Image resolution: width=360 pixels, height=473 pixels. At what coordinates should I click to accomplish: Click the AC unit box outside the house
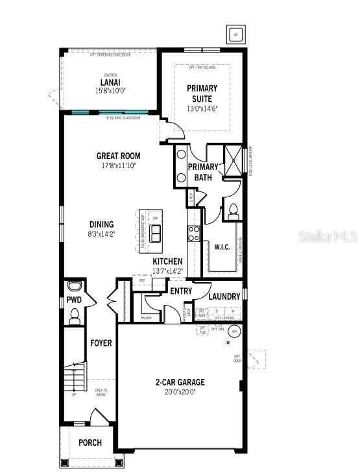(x=235, y=34)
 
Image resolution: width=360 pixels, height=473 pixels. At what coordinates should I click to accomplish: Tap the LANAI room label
(x=108, y=82)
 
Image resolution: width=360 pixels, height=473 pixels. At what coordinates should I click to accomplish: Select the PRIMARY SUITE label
(x=202, y=93)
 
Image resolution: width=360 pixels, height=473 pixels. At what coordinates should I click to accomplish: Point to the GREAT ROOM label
(x=118, y=156)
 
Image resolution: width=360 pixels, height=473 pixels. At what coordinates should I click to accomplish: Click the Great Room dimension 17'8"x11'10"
(x=118, y=165)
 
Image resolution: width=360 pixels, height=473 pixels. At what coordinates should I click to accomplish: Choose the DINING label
(x=101, y=224)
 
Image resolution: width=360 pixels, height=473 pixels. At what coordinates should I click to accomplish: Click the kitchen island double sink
(x=156, y=234)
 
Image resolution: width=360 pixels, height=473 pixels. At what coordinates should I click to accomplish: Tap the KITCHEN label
(x=167, y=261)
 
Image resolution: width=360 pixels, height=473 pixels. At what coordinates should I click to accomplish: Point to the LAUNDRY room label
(x=224, y=297)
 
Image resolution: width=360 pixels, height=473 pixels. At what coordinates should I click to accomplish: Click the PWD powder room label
(x=73, y=301)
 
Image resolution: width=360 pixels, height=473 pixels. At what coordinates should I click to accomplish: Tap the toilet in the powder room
(x=74, y=315)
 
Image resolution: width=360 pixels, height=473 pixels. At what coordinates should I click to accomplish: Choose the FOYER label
(x=101, y=342)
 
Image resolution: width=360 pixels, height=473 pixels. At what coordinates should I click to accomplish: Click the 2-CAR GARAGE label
(x=180, y=382)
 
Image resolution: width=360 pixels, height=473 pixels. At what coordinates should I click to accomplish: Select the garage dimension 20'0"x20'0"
(x=180, y=391)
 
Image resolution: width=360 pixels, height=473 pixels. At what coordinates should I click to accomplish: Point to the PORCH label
(x=90, y=443)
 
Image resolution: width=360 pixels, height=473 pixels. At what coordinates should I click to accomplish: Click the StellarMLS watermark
(x=328, y=236)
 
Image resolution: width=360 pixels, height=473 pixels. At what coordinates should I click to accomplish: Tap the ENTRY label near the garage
(x=181, y=291)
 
